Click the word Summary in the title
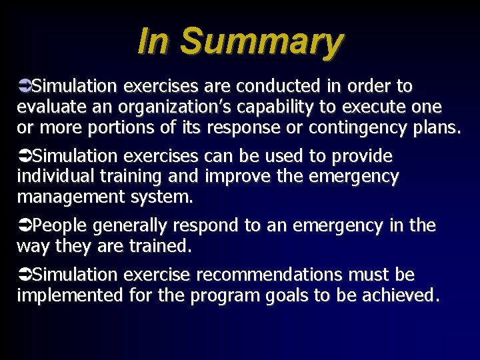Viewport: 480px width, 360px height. tap(261, 42)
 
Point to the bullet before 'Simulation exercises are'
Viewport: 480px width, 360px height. tap(24, 87)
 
